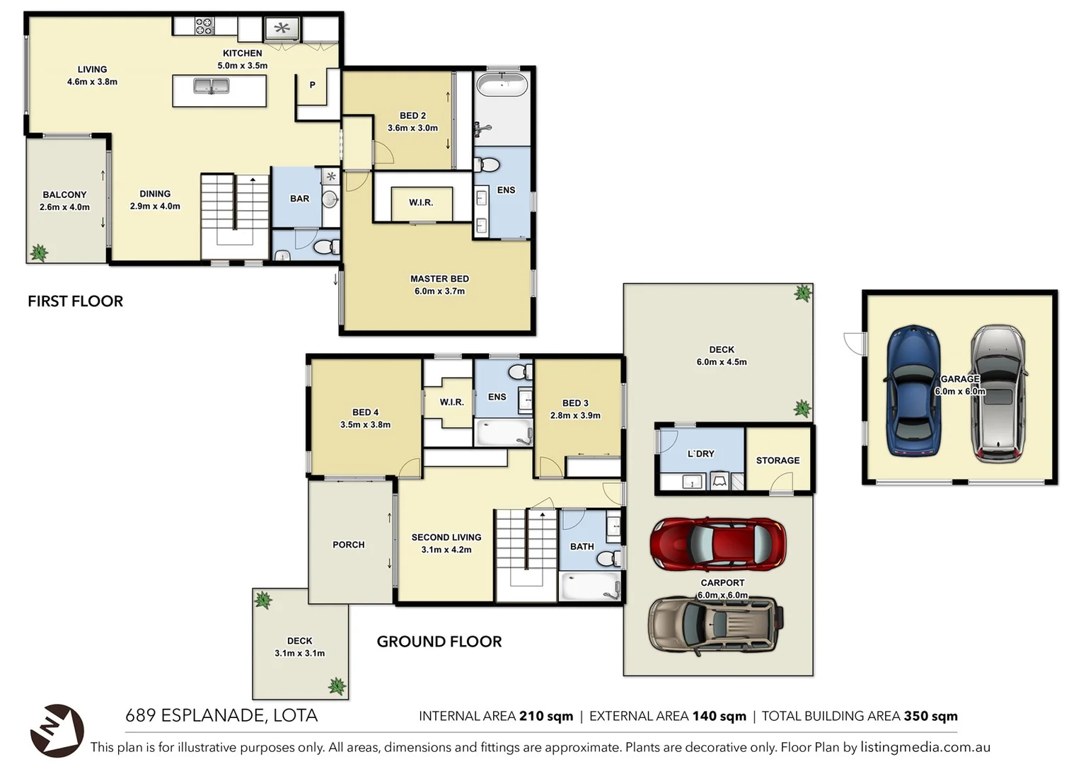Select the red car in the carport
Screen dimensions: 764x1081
pos(717,544)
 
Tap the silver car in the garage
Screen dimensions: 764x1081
pos(998,393)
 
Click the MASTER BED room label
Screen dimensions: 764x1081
pos(439,279)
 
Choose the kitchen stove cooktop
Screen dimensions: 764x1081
pos(204,27)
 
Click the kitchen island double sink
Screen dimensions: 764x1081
pos(212,86)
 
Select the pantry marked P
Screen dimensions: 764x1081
pos(312,85)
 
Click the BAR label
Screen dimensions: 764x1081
pos(299,199)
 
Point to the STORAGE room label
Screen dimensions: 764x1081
pos(777,461)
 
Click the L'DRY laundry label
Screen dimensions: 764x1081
pos(700,454)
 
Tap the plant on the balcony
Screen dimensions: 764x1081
pos(39,252)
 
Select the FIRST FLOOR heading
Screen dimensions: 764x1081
pos(75,301)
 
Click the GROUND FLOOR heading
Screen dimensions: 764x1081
pos(439,642)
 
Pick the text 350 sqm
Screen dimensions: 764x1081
pos(930,716)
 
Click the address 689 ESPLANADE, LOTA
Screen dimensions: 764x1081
pos(221,715)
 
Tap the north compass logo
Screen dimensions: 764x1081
pos(57,730)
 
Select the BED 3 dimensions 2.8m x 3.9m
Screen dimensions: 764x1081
pos(575,415)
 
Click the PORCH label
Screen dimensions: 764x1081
pos(348,545)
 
